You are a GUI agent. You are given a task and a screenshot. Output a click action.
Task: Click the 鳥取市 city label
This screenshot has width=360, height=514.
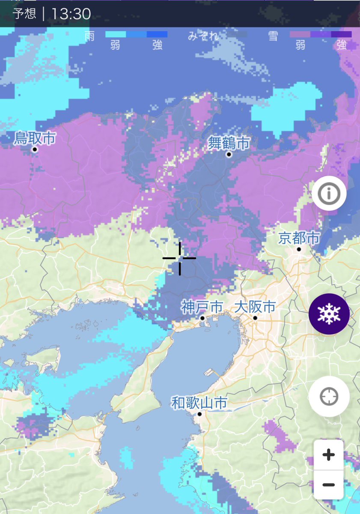click(35, 138)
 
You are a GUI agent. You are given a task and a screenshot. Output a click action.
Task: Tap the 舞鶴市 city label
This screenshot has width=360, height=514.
click(229, 143)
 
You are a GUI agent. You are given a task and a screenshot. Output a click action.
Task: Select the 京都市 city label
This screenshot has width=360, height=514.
click(299, 238)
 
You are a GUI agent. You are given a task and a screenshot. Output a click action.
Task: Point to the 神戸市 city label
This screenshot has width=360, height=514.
click(202, 307)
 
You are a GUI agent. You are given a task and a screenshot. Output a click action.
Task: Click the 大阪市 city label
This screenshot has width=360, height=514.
click(255, 307)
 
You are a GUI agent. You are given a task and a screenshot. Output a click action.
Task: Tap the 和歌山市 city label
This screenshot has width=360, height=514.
click(199, 403)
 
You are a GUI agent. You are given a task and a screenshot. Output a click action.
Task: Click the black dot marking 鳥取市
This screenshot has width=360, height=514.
click(35, 149)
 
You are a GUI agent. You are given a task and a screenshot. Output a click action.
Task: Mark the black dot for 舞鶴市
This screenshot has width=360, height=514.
click(229, 154)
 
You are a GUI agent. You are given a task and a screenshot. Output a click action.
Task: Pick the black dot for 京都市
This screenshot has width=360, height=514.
click(299, 249)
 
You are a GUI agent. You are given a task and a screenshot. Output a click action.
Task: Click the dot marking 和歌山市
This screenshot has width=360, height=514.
click(199, 414)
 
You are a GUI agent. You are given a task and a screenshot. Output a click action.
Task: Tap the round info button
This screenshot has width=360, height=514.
click(329, 194)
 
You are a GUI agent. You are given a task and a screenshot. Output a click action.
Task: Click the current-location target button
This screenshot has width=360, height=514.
click(329, 397)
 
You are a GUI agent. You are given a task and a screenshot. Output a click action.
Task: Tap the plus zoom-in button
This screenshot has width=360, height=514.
click(328, 454)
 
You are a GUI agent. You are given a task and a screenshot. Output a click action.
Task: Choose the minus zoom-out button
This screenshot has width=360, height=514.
click(328, 484)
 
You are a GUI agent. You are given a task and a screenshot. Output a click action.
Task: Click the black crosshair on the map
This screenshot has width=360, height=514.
click(179, 258)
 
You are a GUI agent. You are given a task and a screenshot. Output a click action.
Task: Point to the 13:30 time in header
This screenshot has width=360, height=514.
click(71, 14)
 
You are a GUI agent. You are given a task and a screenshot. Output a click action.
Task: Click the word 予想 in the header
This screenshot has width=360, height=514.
click(25, 14)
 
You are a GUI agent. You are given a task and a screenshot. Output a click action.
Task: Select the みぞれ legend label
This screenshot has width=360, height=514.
click(203, 36)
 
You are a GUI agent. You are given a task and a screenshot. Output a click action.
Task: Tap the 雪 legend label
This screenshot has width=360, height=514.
click(273, 36)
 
